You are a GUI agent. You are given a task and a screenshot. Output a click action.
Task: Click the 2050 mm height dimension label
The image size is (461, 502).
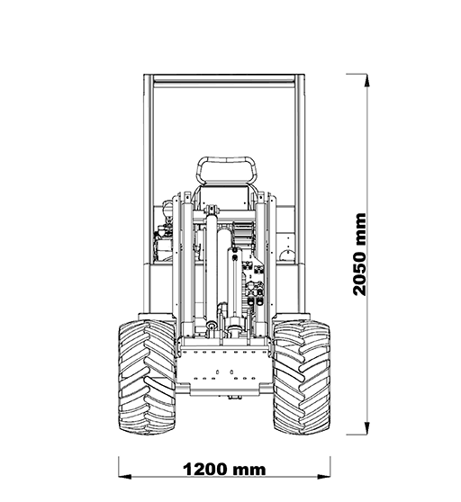359,255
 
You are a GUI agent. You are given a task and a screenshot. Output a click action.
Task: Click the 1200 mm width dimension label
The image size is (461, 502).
224,470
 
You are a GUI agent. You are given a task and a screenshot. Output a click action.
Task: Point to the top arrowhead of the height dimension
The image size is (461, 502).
367,80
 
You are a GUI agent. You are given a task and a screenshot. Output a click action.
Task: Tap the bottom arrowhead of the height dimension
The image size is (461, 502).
367,428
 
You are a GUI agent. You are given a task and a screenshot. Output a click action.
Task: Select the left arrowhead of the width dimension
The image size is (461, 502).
125,477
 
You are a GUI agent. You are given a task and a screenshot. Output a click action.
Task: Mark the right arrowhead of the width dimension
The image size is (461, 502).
324,477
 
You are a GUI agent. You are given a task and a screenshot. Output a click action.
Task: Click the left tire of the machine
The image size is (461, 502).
147,377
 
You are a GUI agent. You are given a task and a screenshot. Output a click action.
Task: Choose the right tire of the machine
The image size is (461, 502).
302,377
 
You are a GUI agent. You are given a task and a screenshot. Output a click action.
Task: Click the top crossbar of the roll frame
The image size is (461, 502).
224,79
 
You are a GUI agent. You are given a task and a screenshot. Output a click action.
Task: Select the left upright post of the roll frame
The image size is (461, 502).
149,193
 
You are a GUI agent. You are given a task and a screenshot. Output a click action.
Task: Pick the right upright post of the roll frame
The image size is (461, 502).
300,193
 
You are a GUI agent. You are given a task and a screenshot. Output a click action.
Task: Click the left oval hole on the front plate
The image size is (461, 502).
218,372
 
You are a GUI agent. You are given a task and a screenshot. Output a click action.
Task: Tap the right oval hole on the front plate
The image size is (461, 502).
231,372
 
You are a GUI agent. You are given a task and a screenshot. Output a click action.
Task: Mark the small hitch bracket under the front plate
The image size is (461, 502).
234,398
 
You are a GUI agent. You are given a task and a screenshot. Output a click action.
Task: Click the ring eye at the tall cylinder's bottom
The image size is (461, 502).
212,326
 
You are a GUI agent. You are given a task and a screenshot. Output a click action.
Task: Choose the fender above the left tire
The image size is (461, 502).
157,317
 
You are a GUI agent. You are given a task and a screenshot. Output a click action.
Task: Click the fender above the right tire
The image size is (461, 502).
291,317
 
